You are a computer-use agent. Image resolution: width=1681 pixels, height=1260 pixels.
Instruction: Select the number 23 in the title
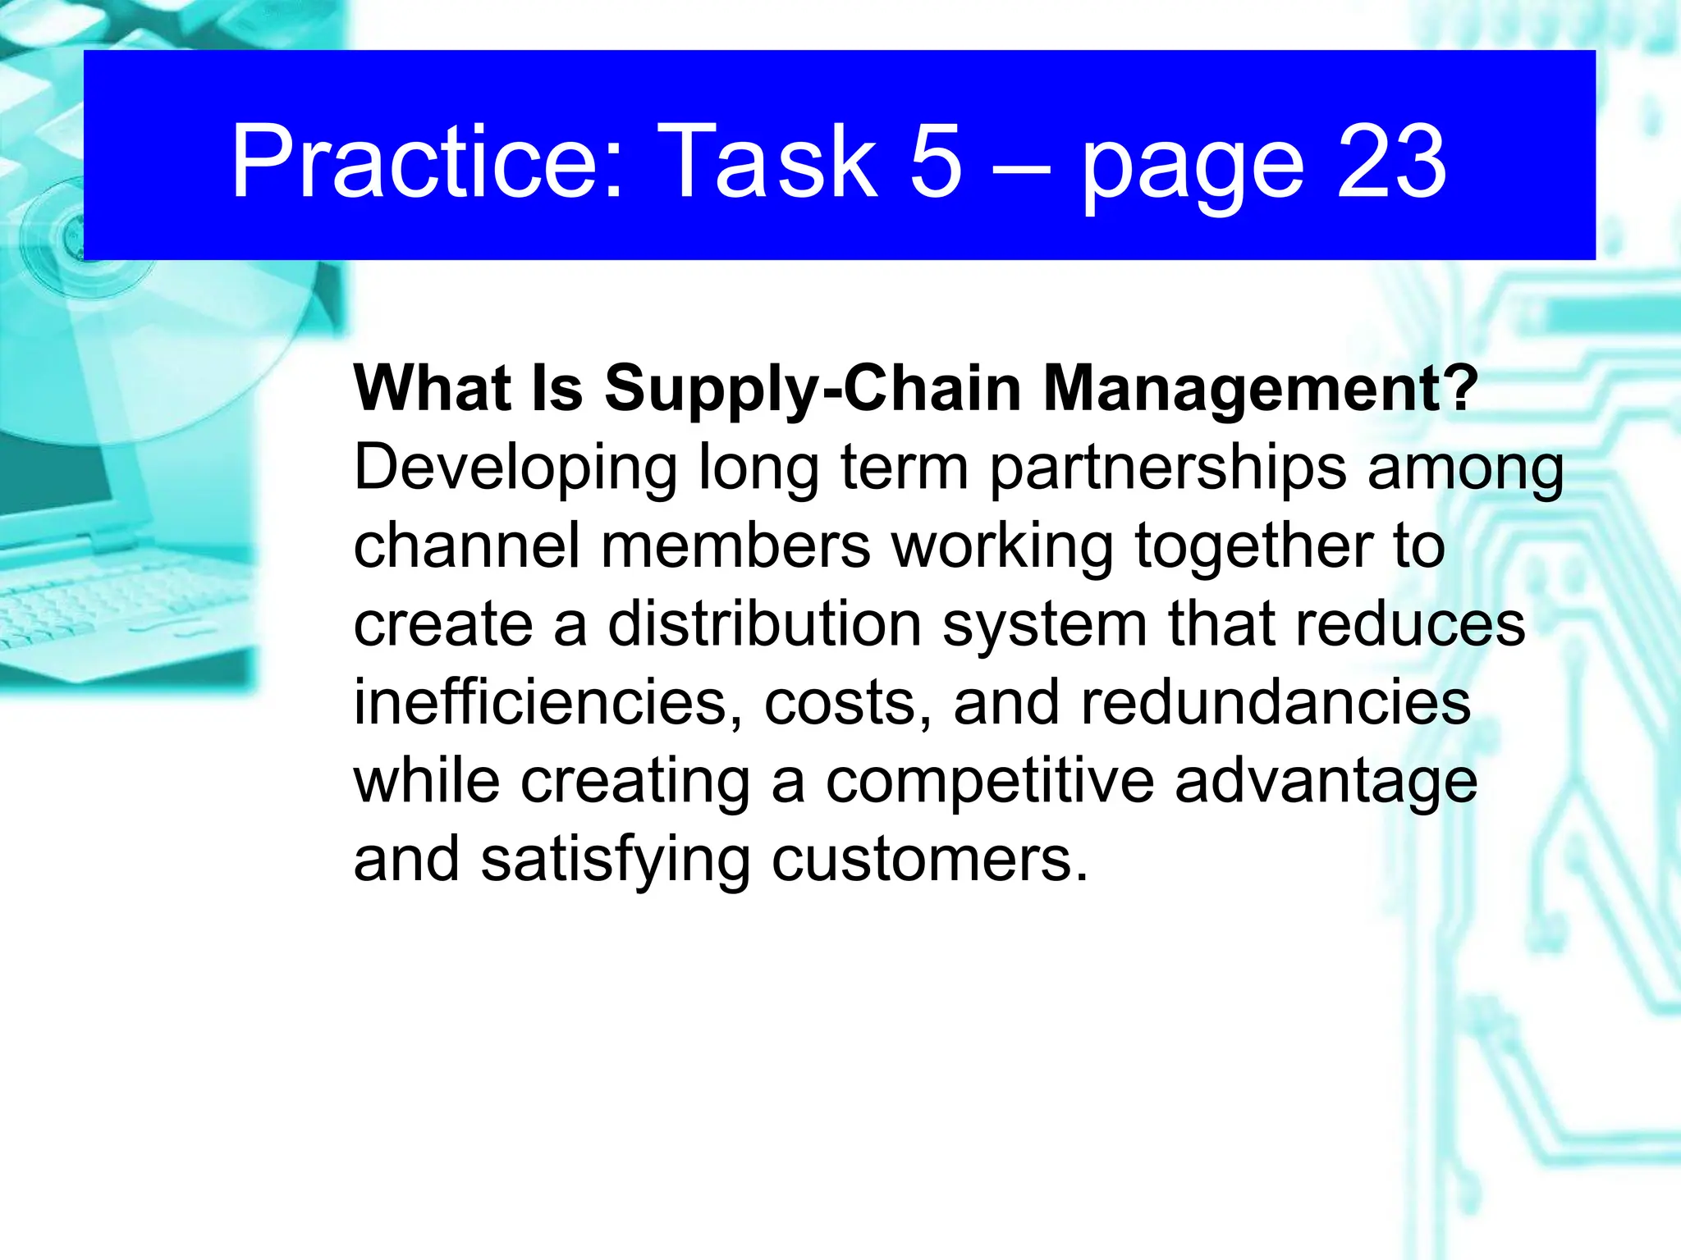[1391, 162]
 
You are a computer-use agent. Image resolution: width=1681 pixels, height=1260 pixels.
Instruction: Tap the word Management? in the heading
[1260, 388]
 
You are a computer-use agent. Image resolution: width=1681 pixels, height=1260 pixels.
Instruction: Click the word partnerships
[1167, 468]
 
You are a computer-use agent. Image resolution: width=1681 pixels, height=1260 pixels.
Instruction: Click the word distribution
[765, 623]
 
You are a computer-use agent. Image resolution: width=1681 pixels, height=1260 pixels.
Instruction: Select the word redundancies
[1276, 702]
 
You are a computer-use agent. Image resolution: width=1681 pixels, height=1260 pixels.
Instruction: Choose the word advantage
[1326, 781]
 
